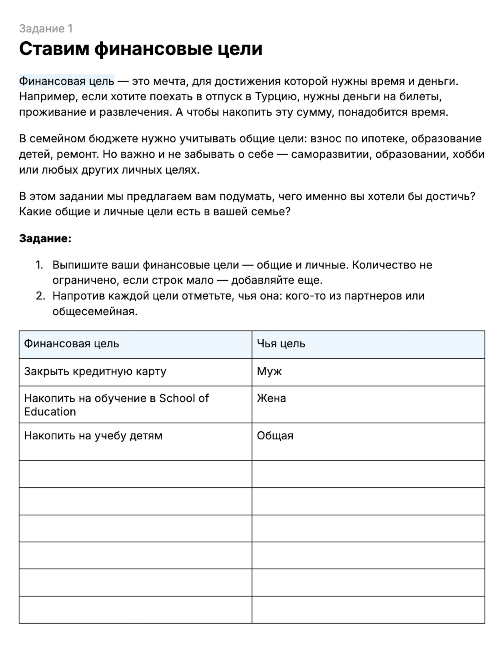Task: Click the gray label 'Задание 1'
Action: pyautogui.click(x=46, y=29)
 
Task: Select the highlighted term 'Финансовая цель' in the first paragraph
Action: pyautogui.click(x=67, y=81)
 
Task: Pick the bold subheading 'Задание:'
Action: pyautogui.click(x=45, y=238)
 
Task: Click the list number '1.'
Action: pyautogui.click(x=39, y=265)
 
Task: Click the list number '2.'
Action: pyautogui.click(x=39, y=296)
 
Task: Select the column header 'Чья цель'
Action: pyautogui.click(x=281, y=344)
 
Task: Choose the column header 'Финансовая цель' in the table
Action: pyautogui.click(x=72, y=344)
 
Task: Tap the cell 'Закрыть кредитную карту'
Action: pyautogui.click(x=95, y=372)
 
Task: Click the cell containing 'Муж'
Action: pyautogui.click(x=269, y=372)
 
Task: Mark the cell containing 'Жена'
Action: pyautogui.click(x=271, y=398)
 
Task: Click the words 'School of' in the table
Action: pyautogui.click(x=184, y=398)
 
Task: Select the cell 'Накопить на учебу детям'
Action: pyautogui.click(x=93, y=436)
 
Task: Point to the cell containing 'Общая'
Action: pyautogui.click(x=275, y=436)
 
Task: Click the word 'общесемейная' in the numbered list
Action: pyautogui.click(x=94, y=312)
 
